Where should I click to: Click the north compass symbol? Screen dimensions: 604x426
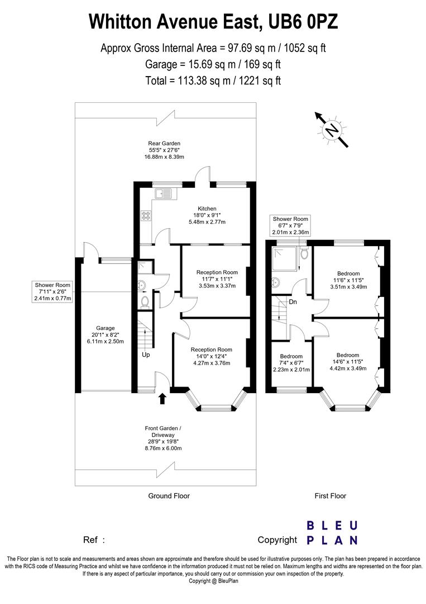tap(332, 130)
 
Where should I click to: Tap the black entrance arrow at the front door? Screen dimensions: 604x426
tap(162, 398)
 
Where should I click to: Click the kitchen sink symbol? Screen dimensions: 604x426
tap(166, 194)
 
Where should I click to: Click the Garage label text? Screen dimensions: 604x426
tap(105, 328)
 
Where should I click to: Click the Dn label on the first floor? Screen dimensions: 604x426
tap(293, 303)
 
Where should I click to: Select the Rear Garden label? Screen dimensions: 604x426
tap(164, 143)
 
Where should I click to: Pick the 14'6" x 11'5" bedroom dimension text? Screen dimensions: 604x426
tap(347, 362)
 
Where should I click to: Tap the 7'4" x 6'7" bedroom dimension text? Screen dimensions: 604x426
tap(291, 363)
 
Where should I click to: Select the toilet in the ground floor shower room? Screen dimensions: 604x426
tap(145, 301)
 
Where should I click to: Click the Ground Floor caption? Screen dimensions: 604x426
tap(169, 496)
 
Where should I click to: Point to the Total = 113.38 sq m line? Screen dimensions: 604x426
tap(213, 81)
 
